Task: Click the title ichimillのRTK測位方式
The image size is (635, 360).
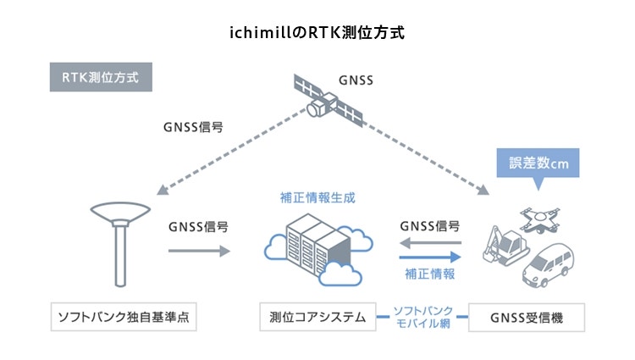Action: pyautogui.click(x=317, y=35)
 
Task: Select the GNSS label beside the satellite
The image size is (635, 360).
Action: pyautogui.click(x=356, y=80)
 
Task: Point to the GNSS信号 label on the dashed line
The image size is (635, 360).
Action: pyautogui.click(x=192, y=129)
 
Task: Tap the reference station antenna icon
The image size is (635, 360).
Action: pyautogui.click(x=119, y=241)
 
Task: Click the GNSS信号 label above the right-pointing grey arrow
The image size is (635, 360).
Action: pyautogui.click(x=198, y=227)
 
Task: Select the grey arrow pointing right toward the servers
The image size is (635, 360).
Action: pyautogui.click(x=199, y=251)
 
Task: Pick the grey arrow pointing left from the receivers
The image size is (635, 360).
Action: pyautogui.click(x=430, y=243)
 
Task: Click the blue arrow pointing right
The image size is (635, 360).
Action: pyautogui.click(x=430, y=257)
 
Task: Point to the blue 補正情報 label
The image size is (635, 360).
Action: pyautogui.click(x=430, y=274)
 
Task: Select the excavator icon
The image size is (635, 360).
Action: pyautogui.click(x=503, y=246)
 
